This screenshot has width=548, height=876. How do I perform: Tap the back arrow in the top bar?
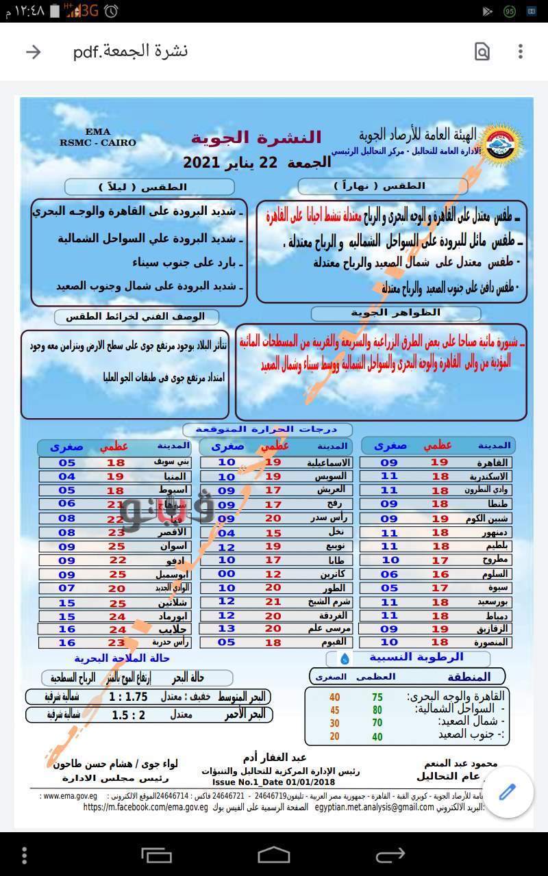coord(33,52)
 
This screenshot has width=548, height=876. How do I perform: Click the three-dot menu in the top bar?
coord(521,52)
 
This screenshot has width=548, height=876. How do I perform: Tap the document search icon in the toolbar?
coord(482,52)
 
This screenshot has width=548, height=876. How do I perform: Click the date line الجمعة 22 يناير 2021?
coord(257,162)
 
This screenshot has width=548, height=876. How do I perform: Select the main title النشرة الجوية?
coord(256,138)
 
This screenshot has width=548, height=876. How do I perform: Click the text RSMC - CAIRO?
coord(98,142)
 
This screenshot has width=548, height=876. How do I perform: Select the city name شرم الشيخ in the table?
coord(331,602)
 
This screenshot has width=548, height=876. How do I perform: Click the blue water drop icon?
coord(345,658)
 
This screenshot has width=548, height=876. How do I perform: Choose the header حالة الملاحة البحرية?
coord(125,658)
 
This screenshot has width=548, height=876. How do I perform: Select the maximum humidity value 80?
coord(377,710)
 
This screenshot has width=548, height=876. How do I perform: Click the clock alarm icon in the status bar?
coord(112,11)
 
